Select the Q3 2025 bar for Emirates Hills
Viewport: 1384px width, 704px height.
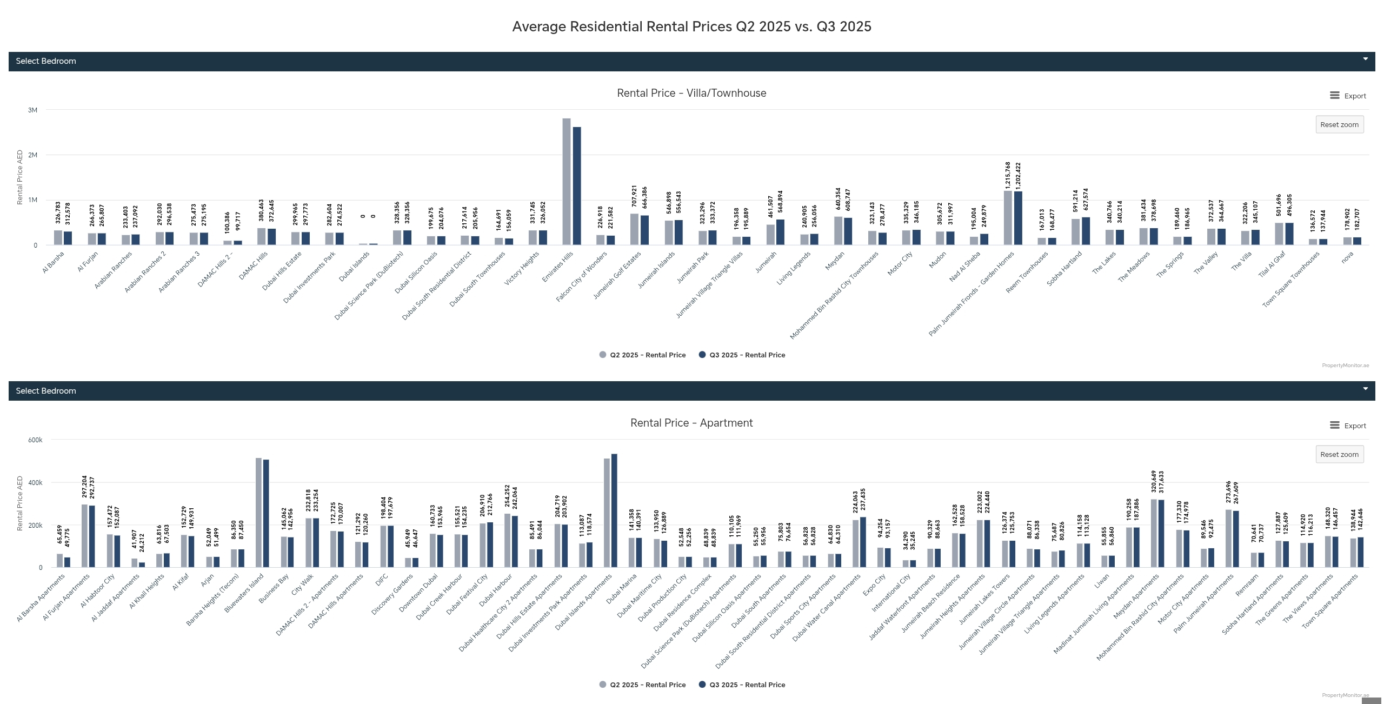pyautogui.click(x=577, y=186)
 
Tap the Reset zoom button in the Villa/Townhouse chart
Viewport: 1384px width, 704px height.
pyautogui.click(x=1339, y=124)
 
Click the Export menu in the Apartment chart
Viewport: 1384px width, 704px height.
pyautogui.click(x=1348, y=426)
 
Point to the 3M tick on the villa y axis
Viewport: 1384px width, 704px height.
pyautogui.click(x=33, y=110)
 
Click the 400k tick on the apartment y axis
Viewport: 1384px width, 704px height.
pyautogui.click(x=35, y=483)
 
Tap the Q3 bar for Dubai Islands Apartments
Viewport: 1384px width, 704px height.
pyautogui.click(x=614, y=510)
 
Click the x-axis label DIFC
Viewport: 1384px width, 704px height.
pyautogui.click(x=382, y=580)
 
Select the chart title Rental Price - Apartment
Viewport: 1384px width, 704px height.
pyautogui.click(x=691, y=423)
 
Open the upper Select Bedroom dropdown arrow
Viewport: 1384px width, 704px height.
pyautogui.click(x=1365, y=59)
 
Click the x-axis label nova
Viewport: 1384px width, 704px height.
pyautogui.click(x=1347, y=257)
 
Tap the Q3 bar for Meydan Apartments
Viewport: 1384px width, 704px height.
pyautogui.click(x=1161, y=533)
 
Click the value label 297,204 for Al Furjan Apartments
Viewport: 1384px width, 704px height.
pyautogui.click(x=84, y=487)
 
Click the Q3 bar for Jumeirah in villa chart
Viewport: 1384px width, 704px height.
pyautogui.click(x=780, y=232)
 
